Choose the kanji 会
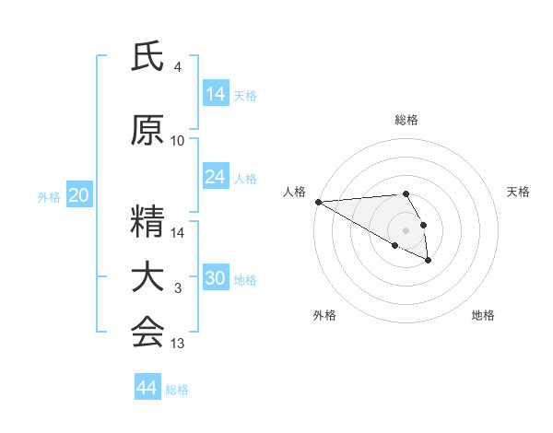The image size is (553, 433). (147, 333)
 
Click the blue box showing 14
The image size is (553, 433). (216, 94)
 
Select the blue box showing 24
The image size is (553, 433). (216, 177)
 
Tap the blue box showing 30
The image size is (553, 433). (216, 278)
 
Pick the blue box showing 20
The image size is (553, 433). (78, 195)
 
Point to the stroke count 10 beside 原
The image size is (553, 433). (178, 141)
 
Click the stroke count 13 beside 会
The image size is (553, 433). (178, 344)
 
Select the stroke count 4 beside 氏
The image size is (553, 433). (178, 67)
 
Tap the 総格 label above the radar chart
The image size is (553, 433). (406, 120)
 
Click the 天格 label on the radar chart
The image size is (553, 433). (519, 192)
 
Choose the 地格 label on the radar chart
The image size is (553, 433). (483, 315)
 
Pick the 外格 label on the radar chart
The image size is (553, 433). (324, 315)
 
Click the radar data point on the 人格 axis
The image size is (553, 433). (318, 202)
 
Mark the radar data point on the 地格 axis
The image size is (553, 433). (429, 261)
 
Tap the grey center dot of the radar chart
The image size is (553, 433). (406, 229)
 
